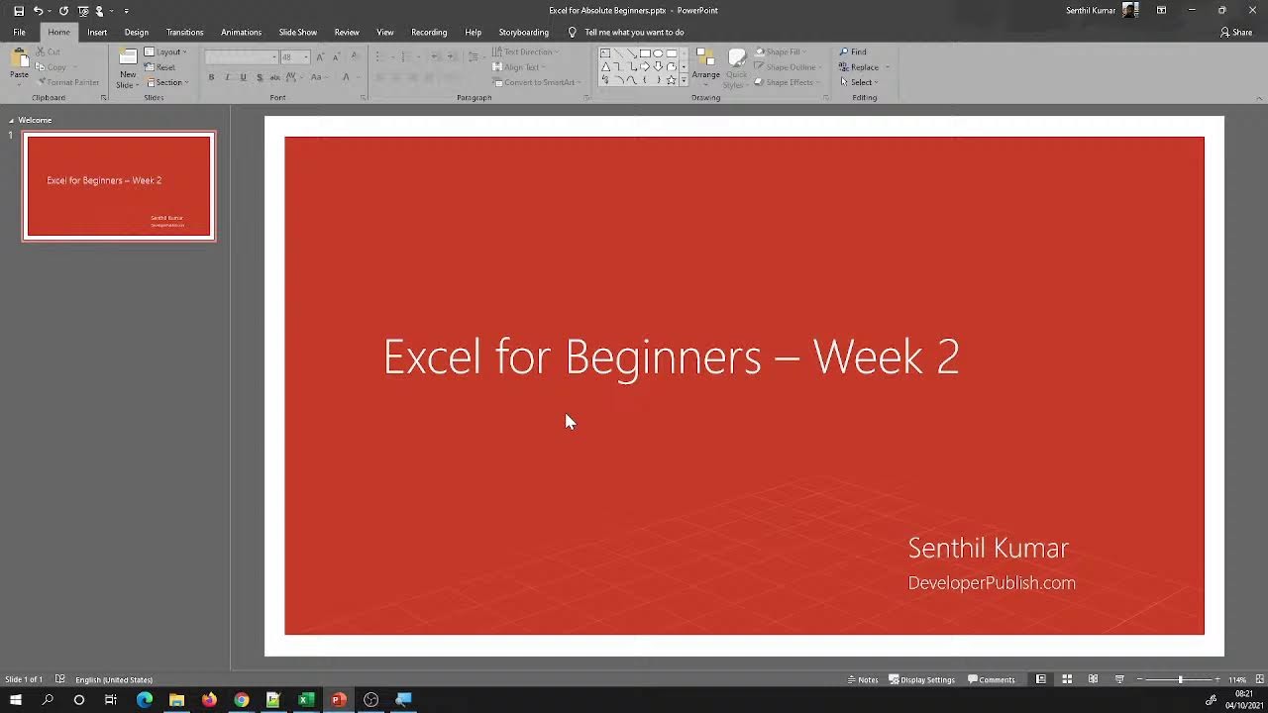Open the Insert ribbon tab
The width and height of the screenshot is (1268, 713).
(x=96, y=32)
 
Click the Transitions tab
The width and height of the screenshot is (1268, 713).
(x=184, y=32)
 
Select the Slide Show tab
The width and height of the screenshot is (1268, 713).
(x=297, y=32)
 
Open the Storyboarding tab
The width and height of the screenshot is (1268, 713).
(x=523, y=32)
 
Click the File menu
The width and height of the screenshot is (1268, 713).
(x=19, y=32)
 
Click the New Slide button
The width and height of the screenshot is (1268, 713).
(x=127, y=67)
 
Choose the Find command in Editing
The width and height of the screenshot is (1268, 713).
(x=853, y=51)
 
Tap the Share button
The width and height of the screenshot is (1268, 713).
(x=1236, y=32)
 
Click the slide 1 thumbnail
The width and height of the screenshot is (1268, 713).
(x=119, y=186)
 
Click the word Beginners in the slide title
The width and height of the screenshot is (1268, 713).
(x=663, y=357)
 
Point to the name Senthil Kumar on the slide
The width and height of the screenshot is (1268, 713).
(x=988, y=549)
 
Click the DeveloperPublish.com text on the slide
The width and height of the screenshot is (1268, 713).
(x=992, y=583)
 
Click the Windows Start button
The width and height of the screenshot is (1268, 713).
(x=16, y=700)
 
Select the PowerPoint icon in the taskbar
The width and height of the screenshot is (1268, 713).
(x=338, y=700)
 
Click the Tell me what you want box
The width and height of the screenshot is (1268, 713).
(x=634, y=32)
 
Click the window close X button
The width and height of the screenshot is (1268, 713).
(x=1251, y=10)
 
